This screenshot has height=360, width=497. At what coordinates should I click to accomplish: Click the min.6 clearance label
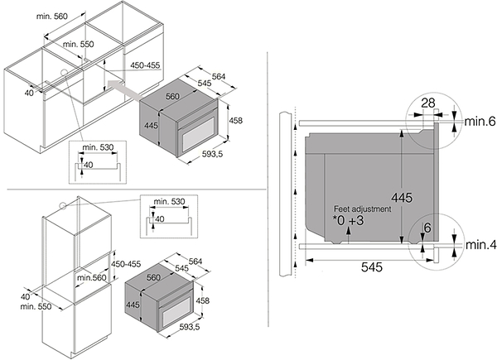(480, 122)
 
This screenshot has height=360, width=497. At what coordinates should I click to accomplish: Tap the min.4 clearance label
(480, 246)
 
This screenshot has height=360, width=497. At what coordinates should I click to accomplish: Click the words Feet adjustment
(364, 211)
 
